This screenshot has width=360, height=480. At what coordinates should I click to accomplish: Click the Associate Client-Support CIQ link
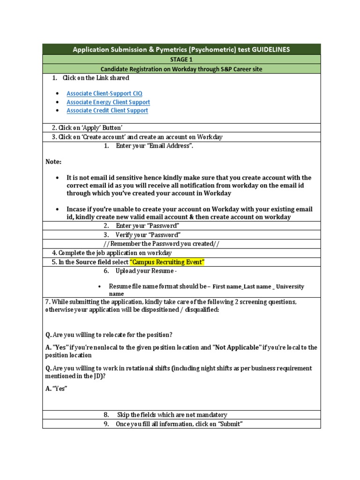click(104, 93)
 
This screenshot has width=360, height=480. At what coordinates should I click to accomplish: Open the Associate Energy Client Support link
click(108, 102)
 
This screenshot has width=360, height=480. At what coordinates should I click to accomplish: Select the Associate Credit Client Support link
click(107, 110)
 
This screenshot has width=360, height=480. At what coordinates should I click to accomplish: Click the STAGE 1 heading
click(181, 60)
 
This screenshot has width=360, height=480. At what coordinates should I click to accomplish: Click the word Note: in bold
click(53, 161)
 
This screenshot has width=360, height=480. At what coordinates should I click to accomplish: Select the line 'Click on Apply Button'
click(88, 127)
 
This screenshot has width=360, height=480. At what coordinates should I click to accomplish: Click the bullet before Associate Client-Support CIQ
click(57, 94)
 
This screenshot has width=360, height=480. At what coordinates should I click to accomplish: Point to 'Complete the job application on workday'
click(112, 253)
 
